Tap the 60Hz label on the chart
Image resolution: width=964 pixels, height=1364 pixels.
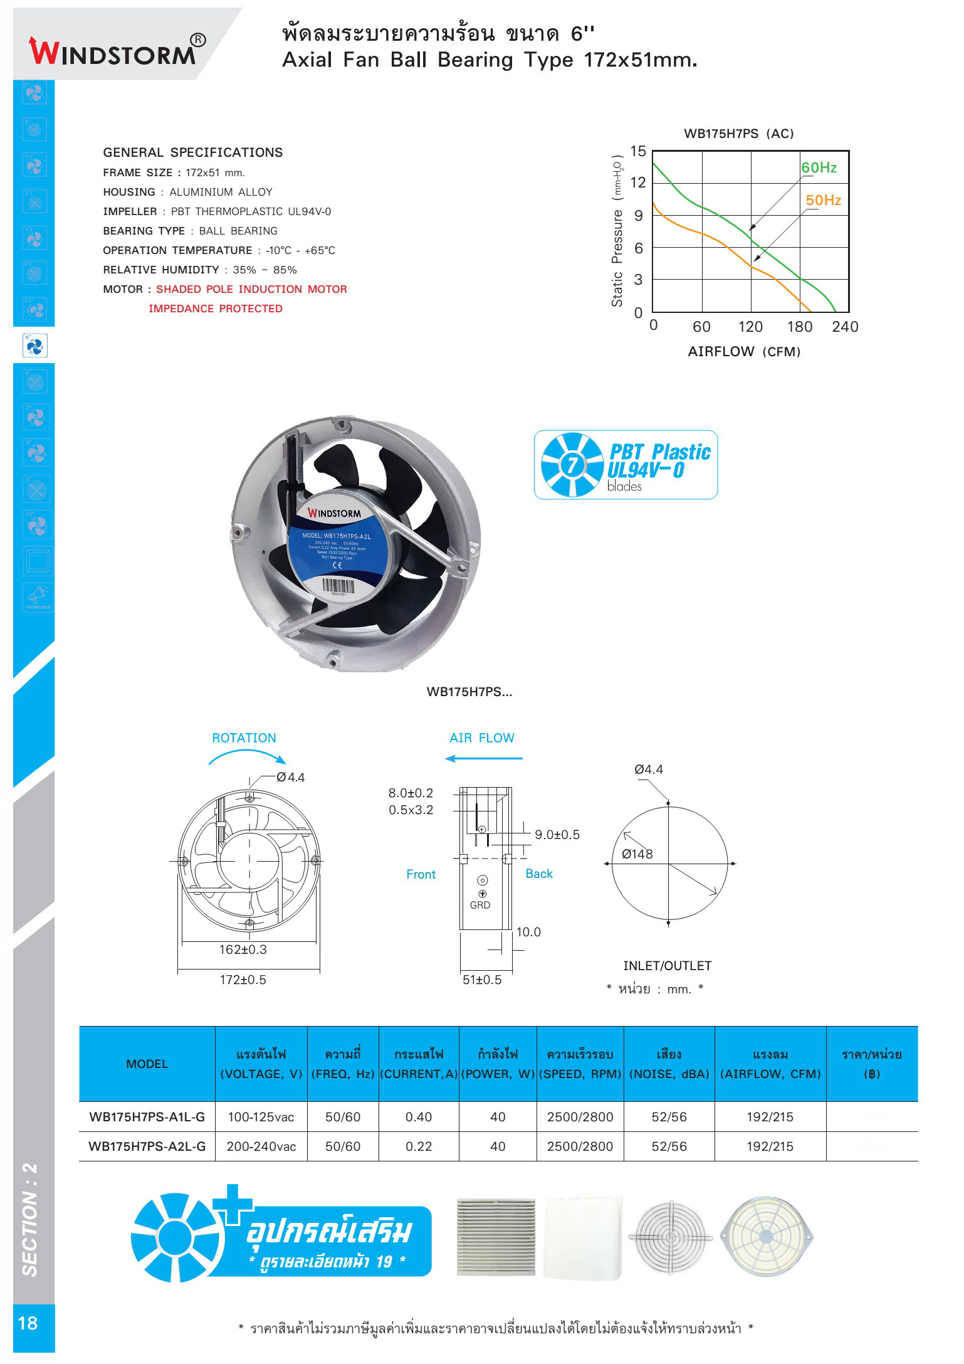click(x=819, y=167)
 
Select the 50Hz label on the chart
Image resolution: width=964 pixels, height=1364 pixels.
click(x=823, y=200)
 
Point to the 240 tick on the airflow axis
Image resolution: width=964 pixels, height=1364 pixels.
click(x=845, y=327)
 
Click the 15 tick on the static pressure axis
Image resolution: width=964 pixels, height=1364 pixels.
click(x=637, y=151)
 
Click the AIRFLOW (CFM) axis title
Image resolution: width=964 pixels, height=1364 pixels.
click(x=744, y=351)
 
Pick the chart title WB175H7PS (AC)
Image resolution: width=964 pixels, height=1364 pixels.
click(x=738, y=134)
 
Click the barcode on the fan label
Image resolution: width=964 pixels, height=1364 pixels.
click(x=338, y=586)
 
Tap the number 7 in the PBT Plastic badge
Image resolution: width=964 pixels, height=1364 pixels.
click(x=572, y=465)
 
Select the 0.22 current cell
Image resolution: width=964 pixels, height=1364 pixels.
click(x=418, y=1146)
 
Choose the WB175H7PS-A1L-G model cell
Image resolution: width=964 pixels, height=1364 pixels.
click(x=147, y=1117)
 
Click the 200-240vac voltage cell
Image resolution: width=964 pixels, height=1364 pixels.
click(x=261, y=1146)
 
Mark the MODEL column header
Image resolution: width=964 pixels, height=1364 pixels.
click(x=147, y=1064)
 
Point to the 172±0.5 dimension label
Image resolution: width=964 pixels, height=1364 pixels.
click(x=243, y=980)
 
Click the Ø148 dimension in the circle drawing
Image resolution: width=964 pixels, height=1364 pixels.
click(x=637, y=854)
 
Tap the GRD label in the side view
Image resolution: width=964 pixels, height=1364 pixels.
click(x=480, y=905)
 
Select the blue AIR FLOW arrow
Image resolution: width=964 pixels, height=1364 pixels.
click(x=483, y=758)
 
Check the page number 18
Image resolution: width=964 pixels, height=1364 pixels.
click(x=28, y=1323)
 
